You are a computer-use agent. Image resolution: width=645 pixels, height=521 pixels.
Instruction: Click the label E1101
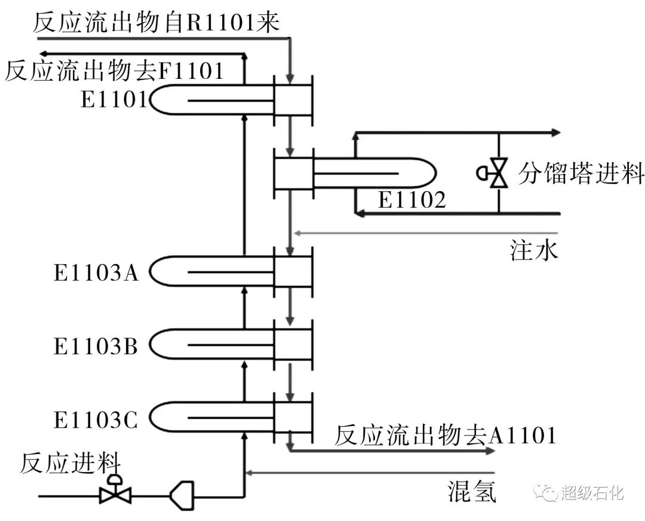tap(113, 99)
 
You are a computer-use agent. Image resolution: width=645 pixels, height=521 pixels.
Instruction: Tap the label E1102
tap(411, 200)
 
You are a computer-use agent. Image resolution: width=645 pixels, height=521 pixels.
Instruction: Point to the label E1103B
tap(96, 346)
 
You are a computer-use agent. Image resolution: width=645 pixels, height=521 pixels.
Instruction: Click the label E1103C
tap(96, 419)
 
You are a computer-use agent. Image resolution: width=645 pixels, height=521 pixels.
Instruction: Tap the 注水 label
tap(534, 250)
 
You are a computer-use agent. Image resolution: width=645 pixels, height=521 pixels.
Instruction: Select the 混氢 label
tap(472, 492)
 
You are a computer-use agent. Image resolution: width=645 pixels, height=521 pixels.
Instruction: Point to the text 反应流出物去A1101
tap(445, 435)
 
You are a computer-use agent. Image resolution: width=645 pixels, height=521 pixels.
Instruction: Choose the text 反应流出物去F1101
tap(114, 71)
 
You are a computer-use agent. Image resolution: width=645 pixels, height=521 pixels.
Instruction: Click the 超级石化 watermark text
tap(592, 493)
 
